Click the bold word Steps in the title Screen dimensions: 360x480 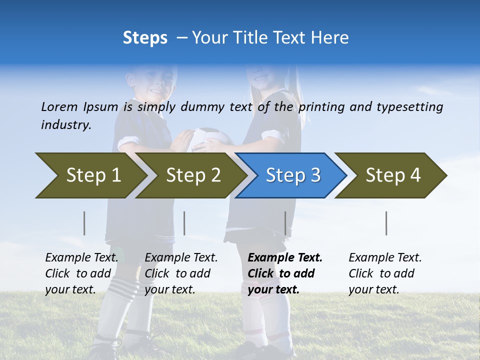[x=145, y=38]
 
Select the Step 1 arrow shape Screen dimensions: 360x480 [x=90, y=175]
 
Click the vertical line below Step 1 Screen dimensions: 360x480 [x=84, y=223]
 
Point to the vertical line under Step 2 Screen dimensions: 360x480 [x=184, y=223]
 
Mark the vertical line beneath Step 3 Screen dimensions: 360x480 [x=285, y=223]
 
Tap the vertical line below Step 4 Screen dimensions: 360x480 [x=386, y=223]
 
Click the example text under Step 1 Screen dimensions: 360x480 [x=81, y=273]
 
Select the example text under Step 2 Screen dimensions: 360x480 [x=181, y=273]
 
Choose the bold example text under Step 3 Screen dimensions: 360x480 [x=285, y=273]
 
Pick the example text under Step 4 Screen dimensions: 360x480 [x=385, y=273]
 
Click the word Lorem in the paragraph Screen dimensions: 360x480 [x=59, y=106]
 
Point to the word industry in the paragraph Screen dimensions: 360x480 [x=66, y=124]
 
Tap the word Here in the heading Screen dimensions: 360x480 [x=330, y=38]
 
